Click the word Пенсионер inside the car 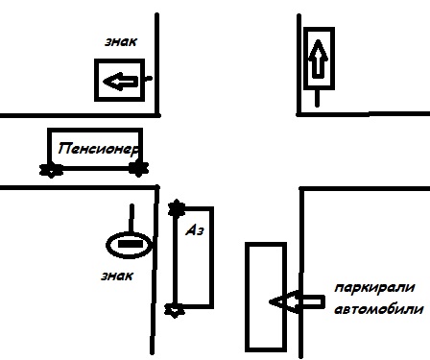99,149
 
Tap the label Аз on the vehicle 195,229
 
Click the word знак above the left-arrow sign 121,42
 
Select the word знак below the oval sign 117,276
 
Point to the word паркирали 374,288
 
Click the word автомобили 379,309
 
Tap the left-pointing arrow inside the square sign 121,82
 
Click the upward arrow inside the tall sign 318,59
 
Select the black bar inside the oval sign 131,244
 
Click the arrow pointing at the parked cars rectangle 297,301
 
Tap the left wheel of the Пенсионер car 51,170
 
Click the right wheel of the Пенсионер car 138,169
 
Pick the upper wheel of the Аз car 177,208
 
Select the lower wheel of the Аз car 175,310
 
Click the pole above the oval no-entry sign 131,218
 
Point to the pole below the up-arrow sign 317,98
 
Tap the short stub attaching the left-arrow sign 148,78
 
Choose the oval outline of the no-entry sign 107,245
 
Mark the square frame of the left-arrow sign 96,80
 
